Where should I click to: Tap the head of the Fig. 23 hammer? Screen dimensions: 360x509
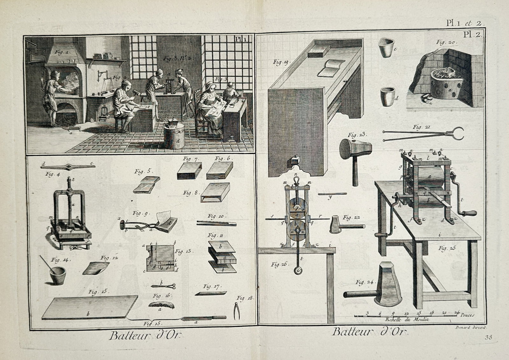pos(355,149)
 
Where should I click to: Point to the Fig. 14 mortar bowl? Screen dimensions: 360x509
pos(58,275)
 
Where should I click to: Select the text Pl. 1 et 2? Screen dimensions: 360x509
pos(465,23)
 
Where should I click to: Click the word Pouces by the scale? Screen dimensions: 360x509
pos(466,315)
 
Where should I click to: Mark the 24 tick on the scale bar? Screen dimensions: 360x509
pos(457,313)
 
